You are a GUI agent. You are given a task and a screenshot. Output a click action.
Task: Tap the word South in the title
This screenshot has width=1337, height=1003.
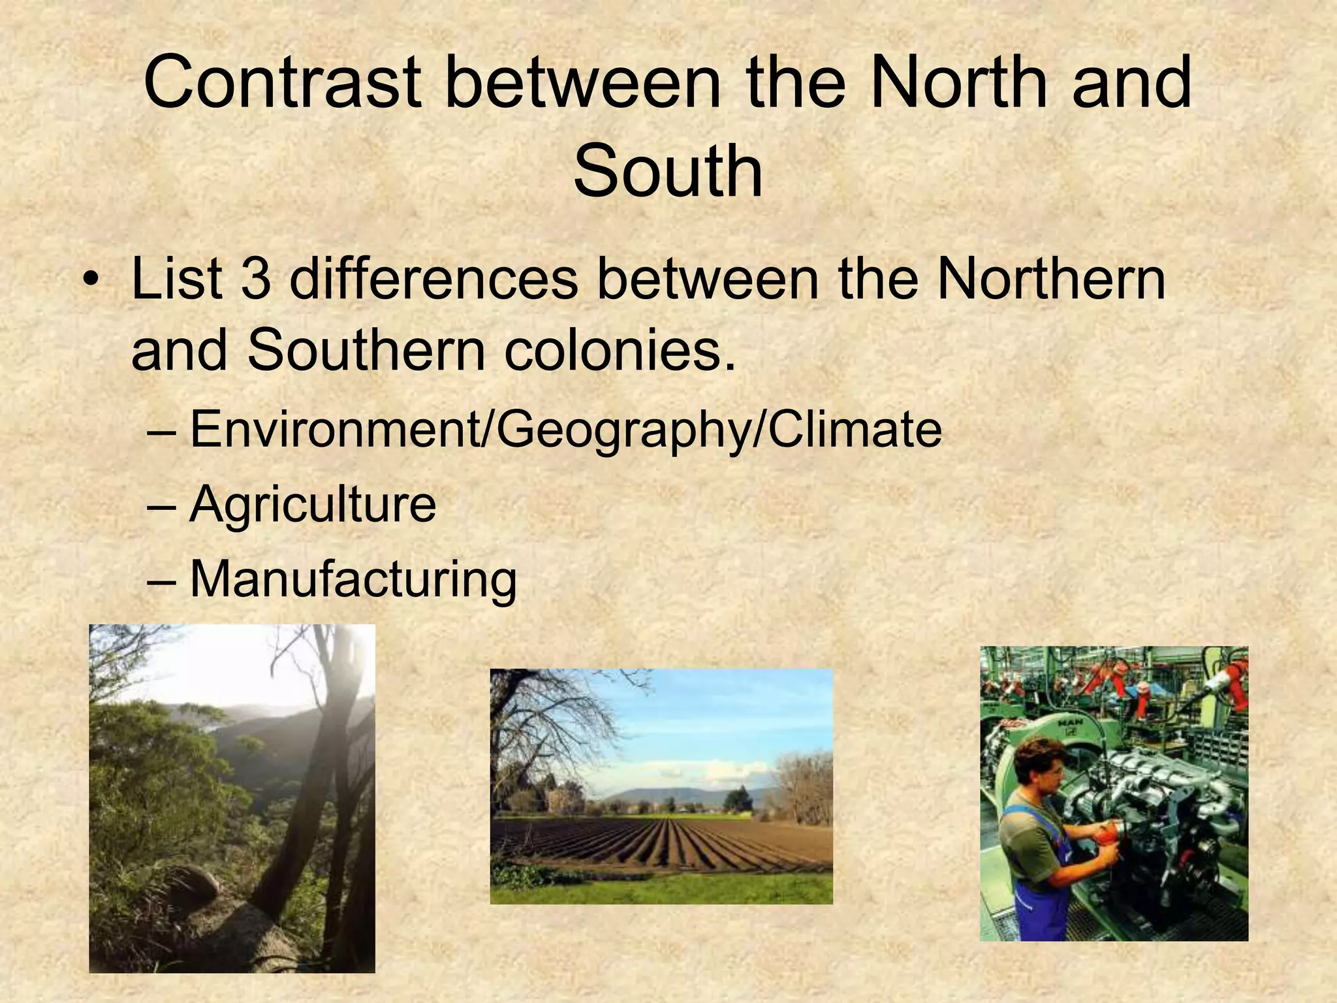668,172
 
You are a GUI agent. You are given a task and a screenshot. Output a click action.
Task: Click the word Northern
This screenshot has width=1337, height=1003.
1051,279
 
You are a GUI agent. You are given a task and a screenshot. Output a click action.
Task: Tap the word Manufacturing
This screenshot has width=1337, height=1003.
353,580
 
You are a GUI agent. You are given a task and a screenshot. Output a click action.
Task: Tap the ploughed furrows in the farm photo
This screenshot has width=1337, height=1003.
659,842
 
